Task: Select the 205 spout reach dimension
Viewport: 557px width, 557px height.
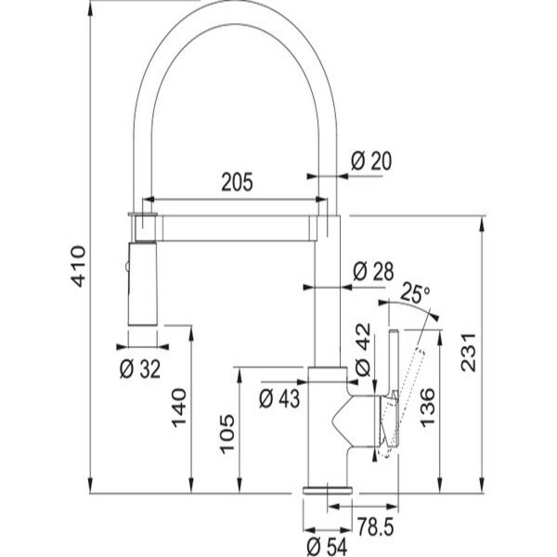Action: pyautogui.click(x=237, y=183)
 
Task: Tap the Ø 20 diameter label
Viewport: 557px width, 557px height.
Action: pyautogui.click(x=370, y=161)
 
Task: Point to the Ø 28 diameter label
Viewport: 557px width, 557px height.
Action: pyautogui.click(x=374, y=270)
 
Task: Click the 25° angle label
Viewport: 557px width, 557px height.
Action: pyautogui.click(x=414, y=294)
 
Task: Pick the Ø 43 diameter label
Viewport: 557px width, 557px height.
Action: pyautogui.click(x=279, y=397)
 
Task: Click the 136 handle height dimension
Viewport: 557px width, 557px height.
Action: pyautogui.click(x=427, y=407)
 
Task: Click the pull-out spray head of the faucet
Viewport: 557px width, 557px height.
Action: pyautogui.click(x=142, y=283)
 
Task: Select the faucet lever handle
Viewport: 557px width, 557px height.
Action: pyautogui.click(x=393, y=381)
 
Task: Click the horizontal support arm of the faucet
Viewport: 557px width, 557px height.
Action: pyautogui.click(x=237, y=227)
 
